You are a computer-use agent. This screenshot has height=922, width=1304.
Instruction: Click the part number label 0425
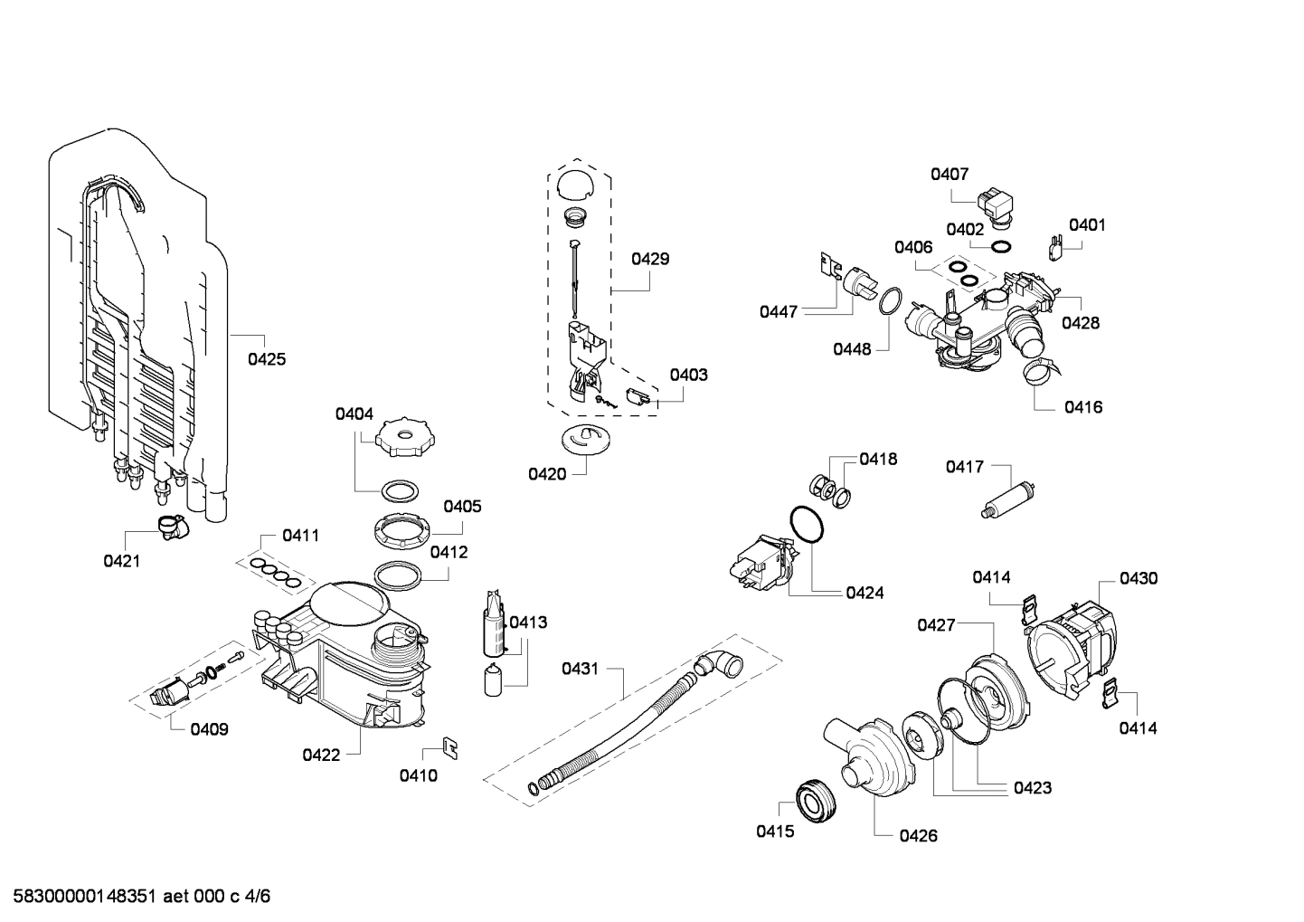tap(267, 359)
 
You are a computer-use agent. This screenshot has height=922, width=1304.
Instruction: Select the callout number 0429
tap(650, 259)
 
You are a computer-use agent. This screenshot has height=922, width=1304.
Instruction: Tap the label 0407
tap(950, 174)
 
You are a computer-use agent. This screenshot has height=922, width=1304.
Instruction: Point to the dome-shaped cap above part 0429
tap(573, 184)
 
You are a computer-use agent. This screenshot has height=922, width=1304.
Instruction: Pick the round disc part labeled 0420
tap(586, 439)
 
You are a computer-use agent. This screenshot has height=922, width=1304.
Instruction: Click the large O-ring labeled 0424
tap(806, 526)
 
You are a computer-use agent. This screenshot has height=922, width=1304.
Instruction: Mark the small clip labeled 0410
tap(449, 746)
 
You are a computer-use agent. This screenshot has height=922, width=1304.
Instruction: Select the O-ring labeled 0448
tap(891, 300)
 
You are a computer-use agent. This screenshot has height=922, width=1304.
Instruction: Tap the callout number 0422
tap(321, 755)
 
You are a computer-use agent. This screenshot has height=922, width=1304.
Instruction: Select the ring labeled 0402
tap(1001, 247)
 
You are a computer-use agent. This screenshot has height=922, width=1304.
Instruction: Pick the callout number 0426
tap(918, 836)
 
